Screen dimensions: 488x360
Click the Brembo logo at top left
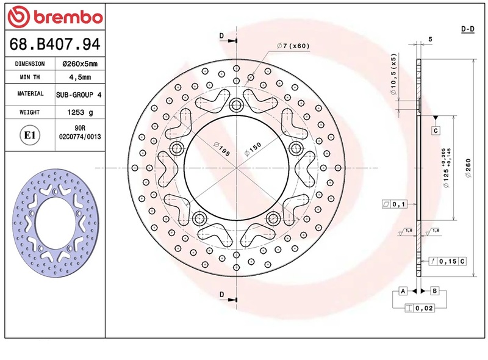click(55, 17)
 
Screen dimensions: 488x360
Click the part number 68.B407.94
click(55, 44)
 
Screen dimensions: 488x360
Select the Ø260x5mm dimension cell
click(80, 64)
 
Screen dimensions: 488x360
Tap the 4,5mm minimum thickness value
click(80, 77)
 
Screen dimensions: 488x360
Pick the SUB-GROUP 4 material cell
click(79, 95)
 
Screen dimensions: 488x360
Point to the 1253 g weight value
click(80, 112)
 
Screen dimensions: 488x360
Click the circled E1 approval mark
click(30, 135)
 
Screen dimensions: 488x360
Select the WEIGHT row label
click(29, 112)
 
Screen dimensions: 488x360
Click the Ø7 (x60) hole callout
click(293, 46)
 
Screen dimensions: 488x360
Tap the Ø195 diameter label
click(222, 149)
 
